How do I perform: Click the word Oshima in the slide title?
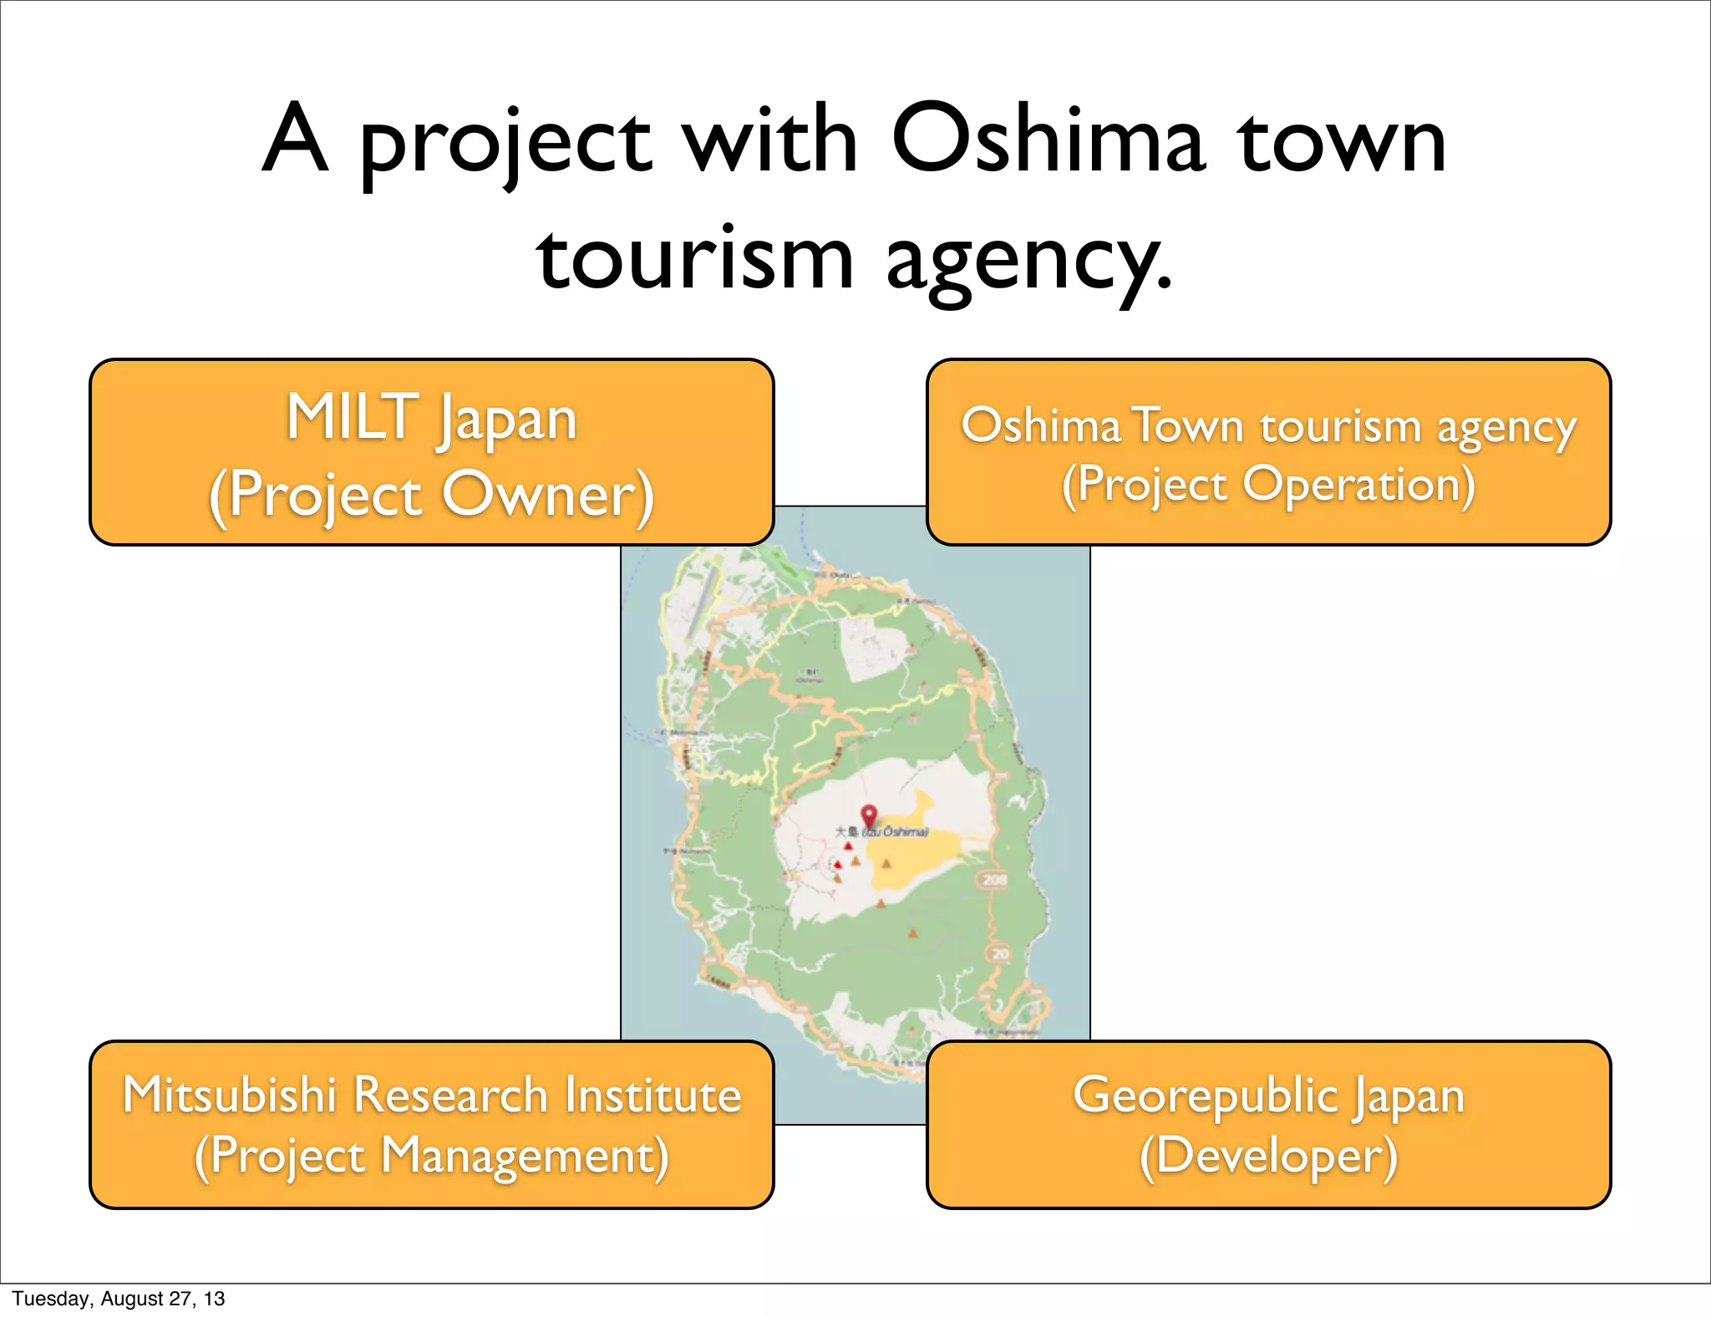pyautogui.click(x=1048, y=140)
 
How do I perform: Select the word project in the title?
pyautogui.click(x=505, y=144)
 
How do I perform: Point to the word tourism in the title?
pyautogui.click(x=695, y=259)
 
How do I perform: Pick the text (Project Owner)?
pyautogui.click(x=431, y=495)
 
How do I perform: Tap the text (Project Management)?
pyautogui.click(x=431, y=1157)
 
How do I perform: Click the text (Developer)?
pyautogui.click(x=1268, y=1157)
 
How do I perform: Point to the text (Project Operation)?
pyautogui.click(x=1268, y=486)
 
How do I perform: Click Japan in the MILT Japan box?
pyautogui.click(x=507, y=420)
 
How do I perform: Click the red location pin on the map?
pyautogui.click(x=869, y=816)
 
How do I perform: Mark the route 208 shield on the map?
pyautogui.click(x=994, y=879)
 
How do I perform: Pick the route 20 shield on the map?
pyautogui.click(x=999, y=953)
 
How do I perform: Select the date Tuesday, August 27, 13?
pyautogui.click(x=118, y=1299)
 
